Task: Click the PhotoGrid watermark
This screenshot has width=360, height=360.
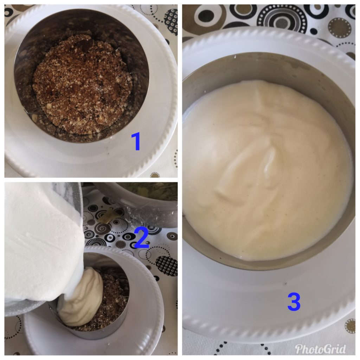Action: [x=321, y=349]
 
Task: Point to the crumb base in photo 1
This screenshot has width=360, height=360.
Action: [x=83, y=85]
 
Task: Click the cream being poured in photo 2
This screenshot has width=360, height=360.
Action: [x=81, y=296]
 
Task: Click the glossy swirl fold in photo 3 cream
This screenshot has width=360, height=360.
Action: [x=271, y=163]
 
